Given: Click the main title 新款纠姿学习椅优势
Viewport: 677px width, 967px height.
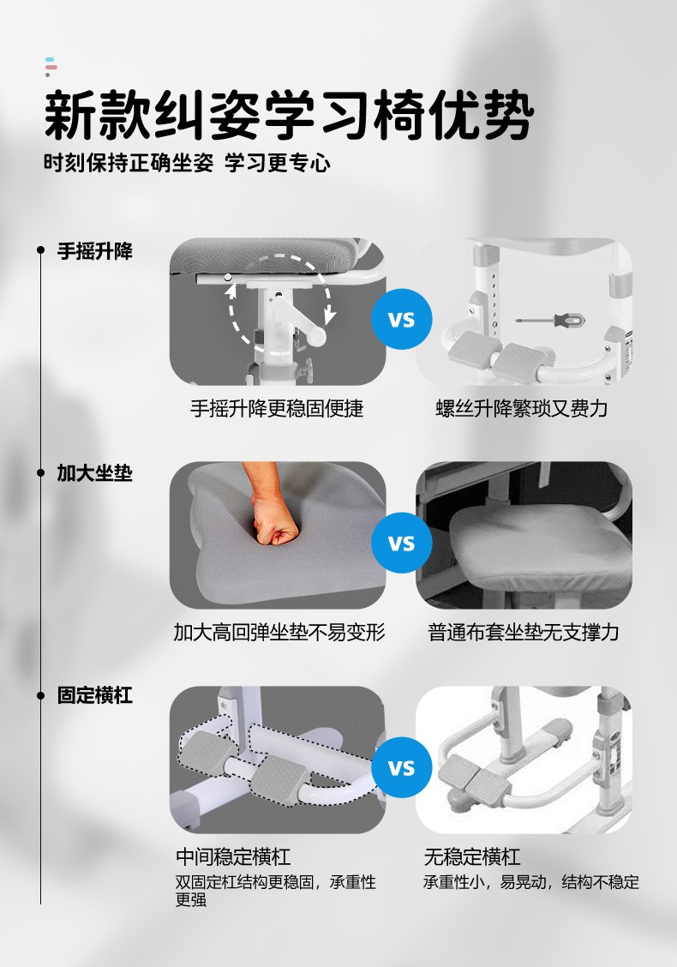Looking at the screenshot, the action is tap(289, 116).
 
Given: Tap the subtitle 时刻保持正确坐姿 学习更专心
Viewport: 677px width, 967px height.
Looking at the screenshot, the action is tap(187, 163).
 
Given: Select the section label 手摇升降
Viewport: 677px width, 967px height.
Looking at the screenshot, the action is tap(95, 251).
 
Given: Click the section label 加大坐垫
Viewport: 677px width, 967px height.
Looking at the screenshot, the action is tap(95, 473).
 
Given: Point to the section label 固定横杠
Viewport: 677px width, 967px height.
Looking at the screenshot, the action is tap(95, 695).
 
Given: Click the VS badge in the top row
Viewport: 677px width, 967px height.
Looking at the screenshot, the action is tap(401, 320).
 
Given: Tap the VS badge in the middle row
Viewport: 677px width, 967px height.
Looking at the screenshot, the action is tap(401, 543).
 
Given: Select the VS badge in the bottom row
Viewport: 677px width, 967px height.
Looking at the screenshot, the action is tap(401, 767).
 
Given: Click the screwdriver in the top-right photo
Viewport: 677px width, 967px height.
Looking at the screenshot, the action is tap(551, 320).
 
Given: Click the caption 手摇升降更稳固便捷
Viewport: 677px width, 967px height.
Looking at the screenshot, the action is tap(277, 408).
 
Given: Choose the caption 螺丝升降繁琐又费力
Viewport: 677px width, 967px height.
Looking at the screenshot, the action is tap(522, 408).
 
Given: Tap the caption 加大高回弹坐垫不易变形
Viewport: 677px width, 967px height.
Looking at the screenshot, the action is tap(279, 632).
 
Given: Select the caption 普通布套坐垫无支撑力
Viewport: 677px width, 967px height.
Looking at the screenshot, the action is tap(524, 632).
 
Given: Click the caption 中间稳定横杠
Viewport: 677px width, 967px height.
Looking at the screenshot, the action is tap(233, 856).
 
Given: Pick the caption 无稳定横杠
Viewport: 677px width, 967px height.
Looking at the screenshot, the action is tap(472, 856).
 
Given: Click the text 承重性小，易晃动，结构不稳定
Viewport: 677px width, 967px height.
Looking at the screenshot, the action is tap(531, 882).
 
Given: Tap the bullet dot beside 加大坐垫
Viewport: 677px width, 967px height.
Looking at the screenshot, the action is tap(40, 473).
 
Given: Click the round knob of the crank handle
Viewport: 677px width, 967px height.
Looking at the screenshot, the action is tap(317, 335).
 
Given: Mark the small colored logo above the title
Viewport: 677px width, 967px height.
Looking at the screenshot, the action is tap(51, 67).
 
